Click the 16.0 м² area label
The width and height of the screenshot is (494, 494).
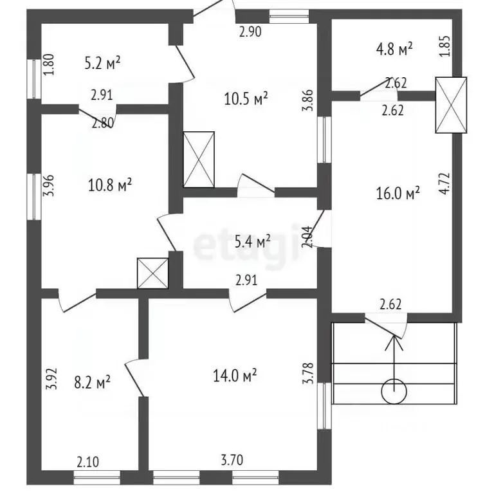[x=398, y=193]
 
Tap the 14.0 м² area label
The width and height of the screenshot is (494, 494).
[x=235, y=375]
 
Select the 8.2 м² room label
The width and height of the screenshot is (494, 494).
[x=92, y=382]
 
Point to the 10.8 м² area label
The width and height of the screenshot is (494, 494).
[x=109, y=185]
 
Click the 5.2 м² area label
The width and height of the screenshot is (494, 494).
[x=102, y=62]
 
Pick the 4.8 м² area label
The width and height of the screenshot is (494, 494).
[x=394, y=49]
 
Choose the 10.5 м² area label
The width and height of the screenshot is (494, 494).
[x=246, y=98]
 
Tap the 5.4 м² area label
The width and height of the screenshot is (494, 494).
[x=253, y=242]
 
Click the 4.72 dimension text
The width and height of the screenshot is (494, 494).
[x=444, y=183]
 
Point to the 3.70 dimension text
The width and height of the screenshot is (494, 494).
[x=232, y=461]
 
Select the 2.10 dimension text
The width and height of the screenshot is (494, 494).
[x=88, y=462]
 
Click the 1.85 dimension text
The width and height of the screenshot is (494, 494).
[x=445, y=46]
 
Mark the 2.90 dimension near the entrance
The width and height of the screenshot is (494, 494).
[x=250, y=32]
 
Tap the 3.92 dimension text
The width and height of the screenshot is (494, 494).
[x=51, y=379]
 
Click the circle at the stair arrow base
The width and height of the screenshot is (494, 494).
[x=394, y=392]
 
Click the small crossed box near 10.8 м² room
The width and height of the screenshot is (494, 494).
[x=153, y=273]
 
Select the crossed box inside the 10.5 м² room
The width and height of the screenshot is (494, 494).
[x=199, y=160]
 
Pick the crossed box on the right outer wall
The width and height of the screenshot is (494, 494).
[x=451, y=105]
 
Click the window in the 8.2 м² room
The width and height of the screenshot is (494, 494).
[x=97, y=477]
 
